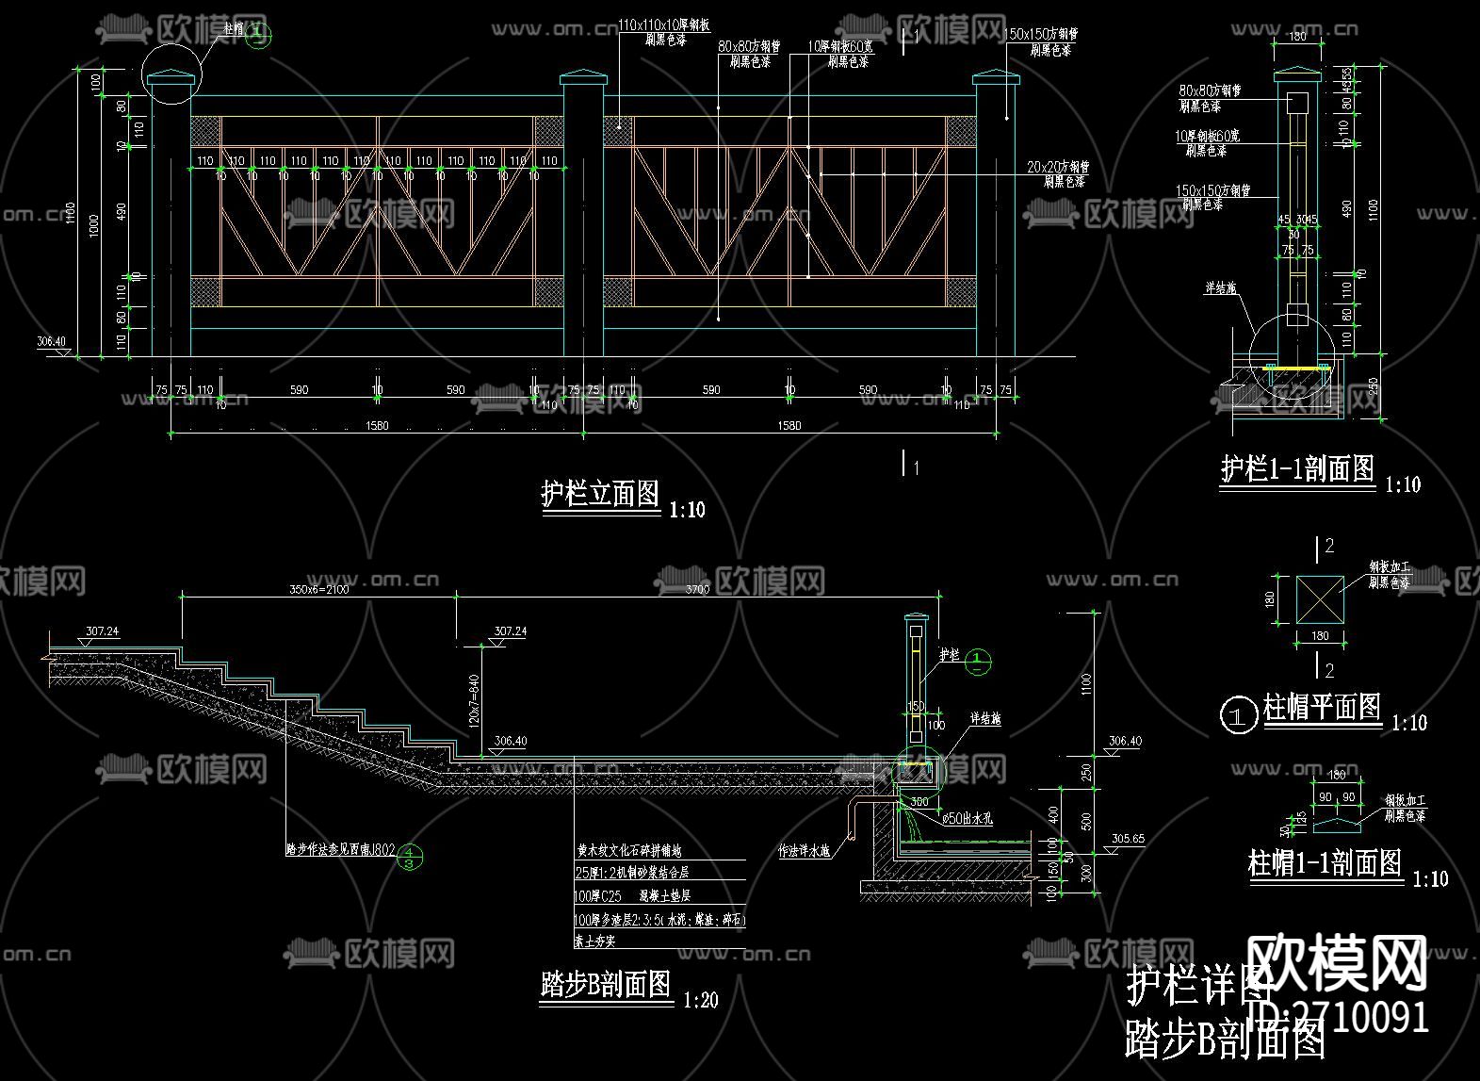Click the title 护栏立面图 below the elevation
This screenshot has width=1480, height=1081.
600,494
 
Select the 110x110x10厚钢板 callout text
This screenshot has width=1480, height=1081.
665,25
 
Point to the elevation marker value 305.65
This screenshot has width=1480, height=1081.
1128,838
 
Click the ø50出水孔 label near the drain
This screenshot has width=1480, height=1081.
968,819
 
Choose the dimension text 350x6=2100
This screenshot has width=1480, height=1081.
319,589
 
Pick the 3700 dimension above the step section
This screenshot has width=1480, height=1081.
697,589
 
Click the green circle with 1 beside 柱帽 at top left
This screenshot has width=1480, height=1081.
259,35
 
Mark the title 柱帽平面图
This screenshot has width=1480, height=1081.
1322,707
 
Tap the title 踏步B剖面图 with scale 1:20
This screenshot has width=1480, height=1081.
606,985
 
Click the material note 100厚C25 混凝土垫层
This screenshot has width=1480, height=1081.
632,896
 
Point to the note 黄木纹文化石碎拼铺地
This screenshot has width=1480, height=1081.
629,850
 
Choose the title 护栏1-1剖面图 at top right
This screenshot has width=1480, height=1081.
1297,468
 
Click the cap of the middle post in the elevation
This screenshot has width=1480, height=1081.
583,77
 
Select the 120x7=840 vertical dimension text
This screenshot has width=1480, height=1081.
474,699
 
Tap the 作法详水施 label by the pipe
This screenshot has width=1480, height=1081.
804,851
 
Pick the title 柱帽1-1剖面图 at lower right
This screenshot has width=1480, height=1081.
1325,863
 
